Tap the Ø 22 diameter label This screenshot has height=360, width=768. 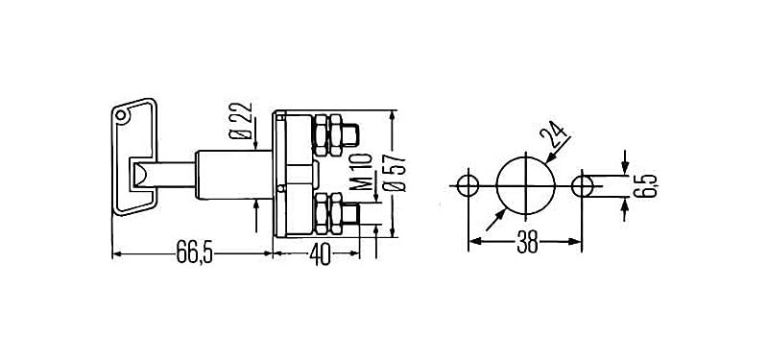[243, 122]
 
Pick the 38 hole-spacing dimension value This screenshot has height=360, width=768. [527, 244]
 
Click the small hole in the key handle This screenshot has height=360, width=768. [119, 116]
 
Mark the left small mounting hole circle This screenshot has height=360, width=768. [469, 184]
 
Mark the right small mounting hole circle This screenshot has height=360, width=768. [584, 184]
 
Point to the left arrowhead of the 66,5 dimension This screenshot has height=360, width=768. [117, 254]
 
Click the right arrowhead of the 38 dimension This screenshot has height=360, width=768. [579, 244]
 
